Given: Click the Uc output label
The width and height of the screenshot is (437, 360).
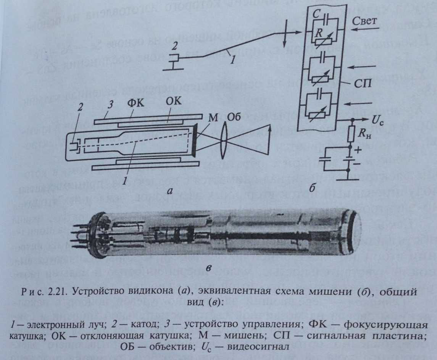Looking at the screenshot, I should point(376,120).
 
